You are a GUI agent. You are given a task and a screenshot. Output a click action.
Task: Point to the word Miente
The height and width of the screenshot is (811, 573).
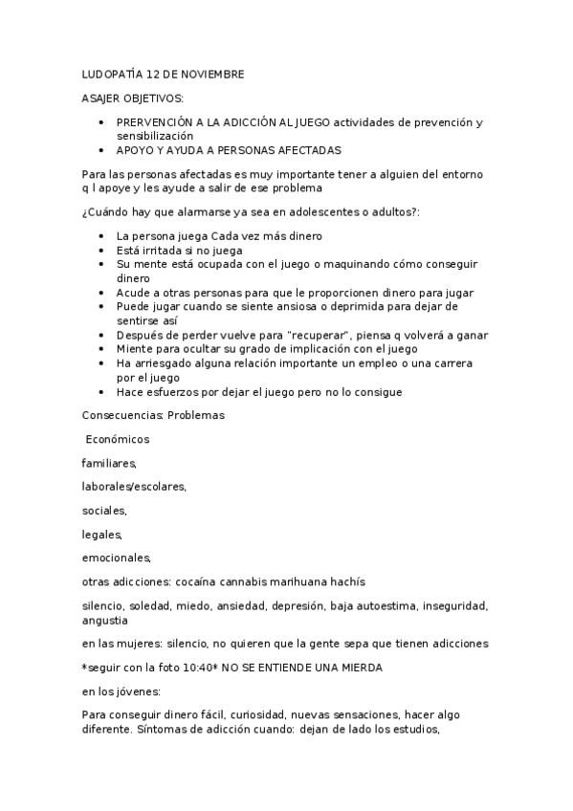[134, 349]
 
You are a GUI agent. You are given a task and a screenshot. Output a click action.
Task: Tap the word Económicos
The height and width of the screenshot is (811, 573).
[118, 439]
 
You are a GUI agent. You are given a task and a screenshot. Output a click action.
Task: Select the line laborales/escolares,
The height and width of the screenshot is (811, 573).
[134, 486]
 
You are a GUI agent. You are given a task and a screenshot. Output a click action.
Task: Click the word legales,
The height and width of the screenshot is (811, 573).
[102, 534]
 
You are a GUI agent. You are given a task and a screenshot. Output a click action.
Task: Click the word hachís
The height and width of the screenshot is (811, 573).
[343, 581]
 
